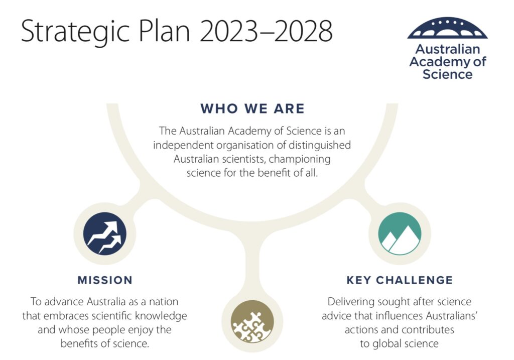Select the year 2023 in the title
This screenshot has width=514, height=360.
pyautogui.click(x=228, y=32)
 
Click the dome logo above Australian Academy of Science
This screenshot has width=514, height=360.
pyautogui.click(x=447, y=28)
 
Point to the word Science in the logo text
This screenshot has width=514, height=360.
pyautogui.click(x=447, y=74)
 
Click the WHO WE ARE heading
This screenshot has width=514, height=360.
pyautogui.click(x=252, y=108)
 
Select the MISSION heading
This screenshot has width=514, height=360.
pyautogui.click(x=105, y=280)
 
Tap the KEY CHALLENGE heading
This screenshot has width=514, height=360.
pyautogui.click(x=400, y=280)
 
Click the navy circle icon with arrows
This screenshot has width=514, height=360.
pyautogui.click(x=104, y=233)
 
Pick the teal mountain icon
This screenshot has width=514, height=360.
pyautogui.click(x=400, y=233)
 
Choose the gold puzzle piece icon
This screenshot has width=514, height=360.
pyautogui.click(x=252, y=321)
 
